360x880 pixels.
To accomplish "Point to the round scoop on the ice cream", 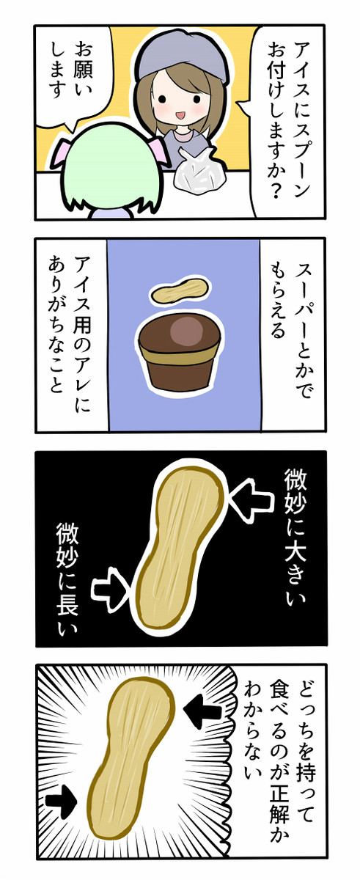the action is click(x=187, y=329).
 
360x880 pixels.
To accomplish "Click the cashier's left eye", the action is click(x=162, y=98).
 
